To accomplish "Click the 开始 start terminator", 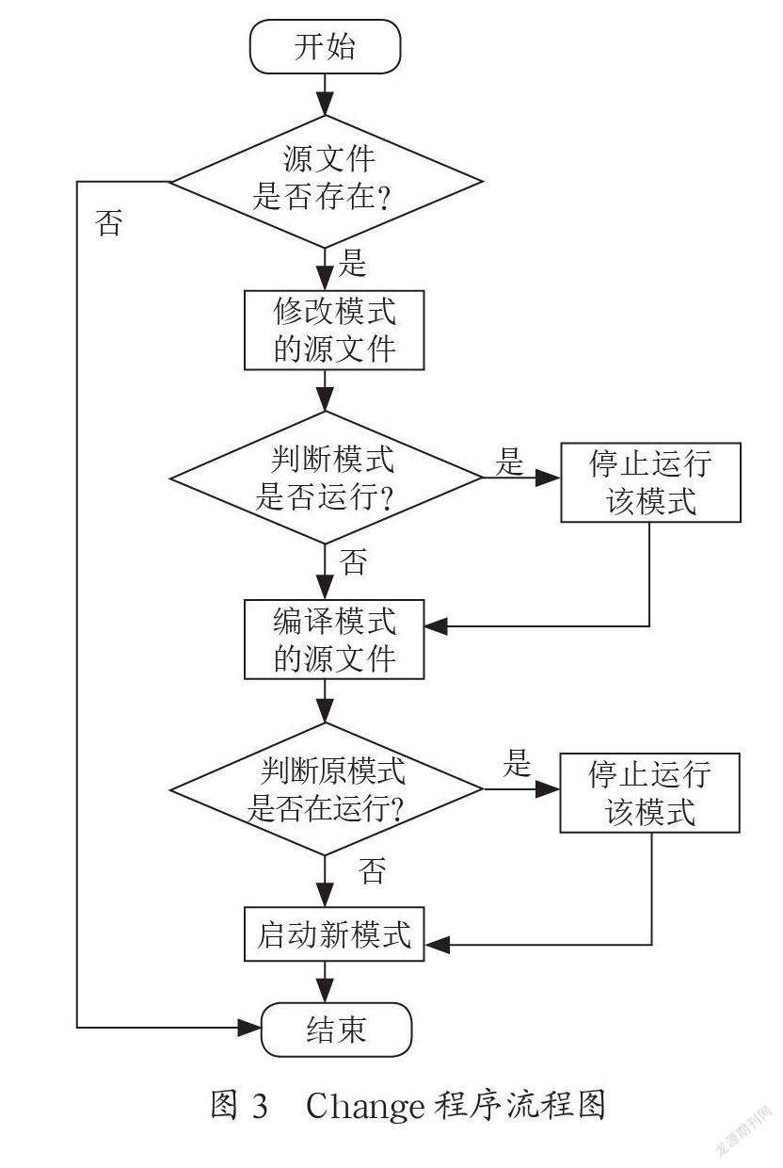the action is point(325,46).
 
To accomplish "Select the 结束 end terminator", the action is point(336,1030).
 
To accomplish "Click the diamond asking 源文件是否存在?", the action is point(327,182).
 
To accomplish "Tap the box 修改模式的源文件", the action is point(334,330).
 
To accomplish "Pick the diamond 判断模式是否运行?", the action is point(326,478).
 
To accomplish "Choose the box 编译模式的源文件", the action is point(334,640).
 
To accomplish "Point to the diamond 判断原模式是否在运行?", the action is point(327,789).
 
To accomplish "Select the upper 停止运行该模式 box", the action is point(650,482).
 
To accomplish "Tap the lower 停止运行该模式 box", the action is point(649,792).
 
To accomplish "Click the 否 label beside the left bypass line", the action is point(109,222).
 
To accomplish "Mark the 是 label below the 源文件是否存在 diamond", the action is point(353,262).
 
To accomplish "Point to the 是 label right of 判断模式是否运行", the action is point(509,461).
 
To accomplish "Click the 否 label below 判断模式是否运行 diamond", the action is point(353,561).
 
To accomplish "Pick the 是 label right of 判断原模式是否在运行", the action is point(517,763).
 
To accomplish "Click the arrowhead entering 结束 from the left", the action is point(249,1028).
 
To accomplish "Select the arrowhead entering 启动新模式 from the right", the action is point(437,945).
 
